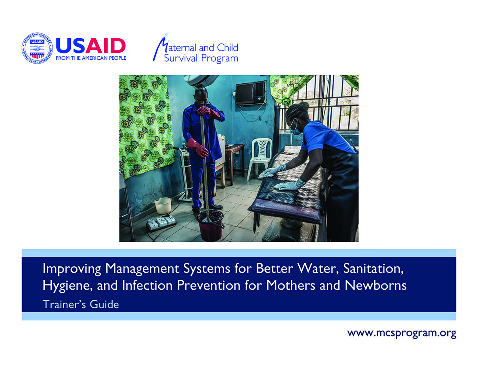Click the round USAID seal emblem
pyautogui.click(x=37, y=48)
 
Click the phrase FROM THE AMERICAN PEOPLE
pyautogui.click(x=91, y=58)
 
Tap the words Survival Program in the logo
pyautogui.click(x=201, y=58)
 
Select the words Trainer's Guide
pyautogui.click(x=81, y=304)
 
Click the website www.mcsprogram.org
pyautogui.click(x=402, y=333)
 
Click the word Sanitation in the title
pyautogui.click(x=373, y=269)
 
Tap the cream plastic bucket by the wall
pyautogui.click(x=163, y=206)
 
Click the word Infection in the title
pyautogui.click(x=147, y=285)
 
